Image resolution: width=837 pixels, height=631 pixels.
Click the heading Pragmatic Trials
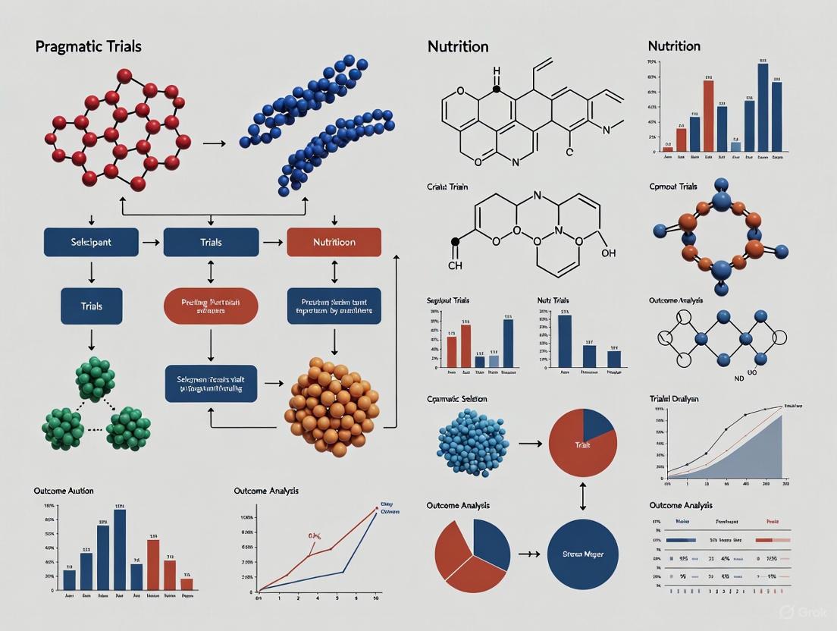click(88, 47)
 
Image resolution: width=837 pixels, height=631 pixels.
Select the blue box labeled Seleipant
click(92, 243)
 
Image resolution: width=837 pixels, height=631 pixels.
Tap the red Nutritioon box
click(334, 243)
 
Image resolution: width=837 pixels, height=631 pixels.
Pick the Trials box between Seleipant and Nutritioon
click(211, 243)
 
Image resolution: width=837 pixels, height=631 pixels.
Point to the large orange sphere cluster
click(331, 407)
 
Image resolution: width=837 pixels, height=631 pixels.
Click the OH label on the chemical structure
click(608, 253)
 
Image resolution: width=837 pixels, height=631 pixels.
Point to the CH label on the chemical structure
click(455, 266)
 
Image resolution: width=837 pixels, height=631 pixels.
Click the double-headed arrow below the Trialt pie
click(582, 496)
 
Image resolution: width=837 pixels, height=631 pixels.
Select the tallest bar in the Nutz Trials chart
click(565, 341)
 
